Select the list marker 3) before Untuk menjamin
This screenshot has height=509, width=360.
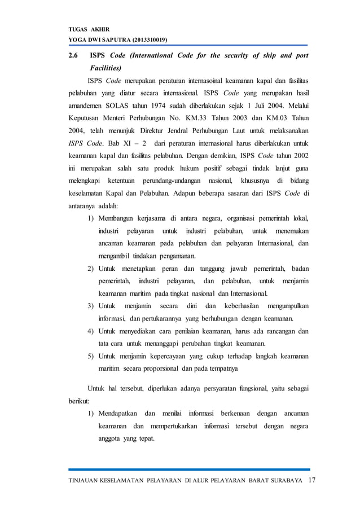(x=90, y=306)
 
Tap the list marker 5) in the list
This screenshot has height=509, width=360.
(x=90, y=357)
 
